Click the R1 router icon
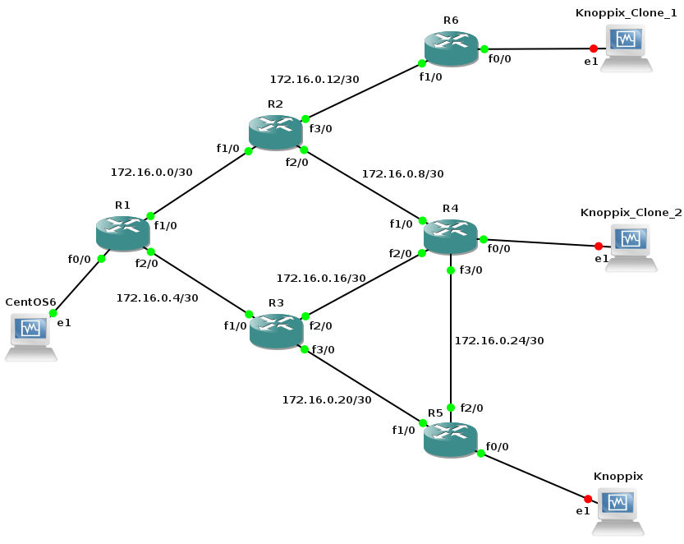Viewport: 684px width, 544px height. click(x=122, y=233)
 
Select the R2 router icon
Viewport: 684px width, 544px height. click(x=275, y=132)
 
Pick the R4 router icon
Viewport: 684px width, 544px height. click(x=450, y=236)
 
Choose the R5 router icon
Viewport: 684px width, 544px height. click(x=450, y=440)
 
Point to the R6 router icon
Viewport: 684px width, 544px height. click(x=451, y=48)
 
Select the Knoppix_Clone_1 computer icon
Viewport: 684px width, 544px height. click(x=626, y=48)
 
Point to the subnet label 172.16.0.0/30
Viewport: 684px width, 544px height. click(x=151, y=173)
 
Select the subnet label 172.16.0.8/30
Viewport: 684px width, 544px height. click(x=402, y=174)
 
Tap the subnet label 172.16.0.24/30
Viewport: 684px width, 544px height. click(x=498, y=340)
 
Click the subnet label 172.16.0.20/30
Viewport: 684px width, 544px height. click(x=326, y=399)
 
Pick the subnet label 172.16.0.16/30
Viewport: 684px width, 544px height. click(x=320, y=279)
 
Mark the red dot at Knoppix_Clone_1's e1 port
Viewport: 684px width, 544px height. click(x=593, y=48)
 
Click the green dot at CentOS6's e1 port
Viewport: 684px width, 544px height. click(x=52, y=313)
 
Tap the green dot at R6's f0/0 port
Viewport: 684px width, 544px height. click(x=484, y=48)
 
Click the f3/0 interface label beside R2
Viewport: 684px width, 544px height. click(x=320, y=129)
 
